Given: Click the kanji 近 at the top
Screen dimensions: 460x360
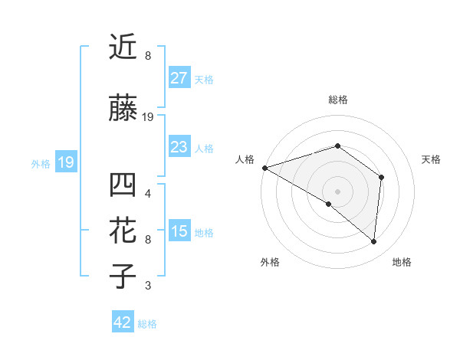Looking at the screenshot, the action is pos(123,47).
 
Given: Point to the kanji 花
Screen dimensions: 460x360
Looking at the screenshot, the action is pos(123,231).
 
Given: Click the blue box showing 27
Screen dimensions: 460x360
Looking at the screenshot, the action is pos(179,78).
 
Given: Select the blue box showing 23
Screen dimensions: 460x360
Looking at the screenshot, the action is pos(179,147).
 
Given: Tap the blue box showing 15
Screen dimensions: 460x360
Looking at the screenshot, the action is pos(179,232).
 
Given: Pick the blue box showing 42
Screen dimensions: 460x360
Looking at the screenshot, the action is pos(123,322).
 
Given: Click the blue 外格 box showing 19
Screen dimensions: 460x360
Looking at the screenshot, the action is pos(65,162).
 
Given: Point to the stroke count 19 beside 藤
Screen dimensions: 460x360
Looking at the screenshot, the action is pos(148,117).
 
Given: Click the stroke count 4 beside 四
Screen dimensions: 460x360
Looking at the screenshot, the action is pos(148,193).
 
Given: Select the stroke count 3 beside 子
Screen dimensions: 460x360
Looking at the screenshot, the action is pos(148,286).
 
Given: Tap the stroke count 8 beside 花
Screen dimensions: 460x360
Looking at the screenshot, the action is pos(148,239).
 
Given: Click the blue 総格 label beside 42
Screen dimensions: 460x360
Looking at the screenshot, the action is pos(148,323).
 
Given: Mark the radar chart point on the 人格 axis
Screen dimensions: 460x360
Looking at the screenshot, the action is pos(264,167).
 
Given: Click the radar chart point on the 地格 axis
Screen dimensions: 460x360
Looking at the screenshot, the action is pos(373,242).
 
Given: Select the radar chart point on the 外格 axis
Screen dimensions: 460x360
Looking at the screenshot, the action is pos(329,204).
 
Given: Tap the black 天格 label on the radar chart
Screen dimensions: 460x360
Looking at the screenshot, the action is pos(432,159).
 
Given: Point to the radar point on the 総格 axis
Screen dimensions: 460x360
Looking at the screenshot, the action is pos(337,146).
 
